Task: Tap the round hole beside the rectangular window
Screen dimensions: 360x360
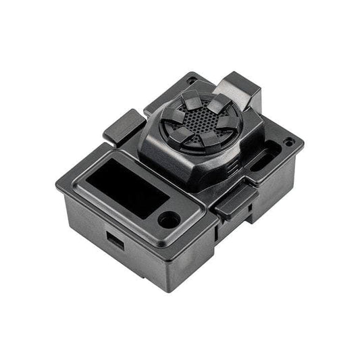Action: (168, 219)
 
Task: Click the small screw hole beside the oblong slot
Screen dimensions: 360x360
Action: (289, 143)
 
